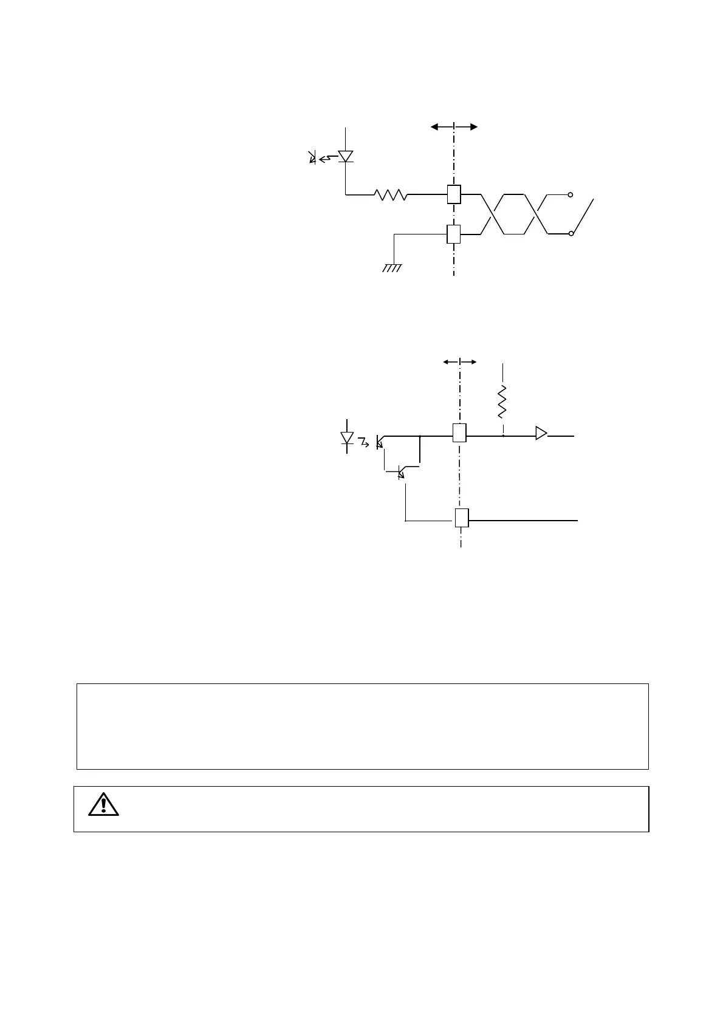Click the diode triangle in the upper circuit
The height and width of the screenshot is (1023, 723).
click(x=346, y=156)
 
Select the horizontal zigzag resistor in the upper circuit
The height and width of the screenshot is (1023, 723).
click(x=391, y=194)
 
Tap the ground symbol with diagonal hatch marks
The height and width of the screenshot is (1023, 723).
click(x=392, y=268)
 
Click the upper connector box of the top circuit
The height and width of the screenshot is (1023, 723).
click(x=453, y=194)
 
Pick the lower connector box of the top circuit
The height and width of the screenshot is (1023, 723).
click(x=453, y=234)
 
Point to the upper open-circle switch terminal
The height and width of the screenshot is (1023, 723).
click(x=570, y=194)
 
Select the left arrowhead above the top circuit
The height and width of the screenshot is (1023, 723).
click(x=435, y=126)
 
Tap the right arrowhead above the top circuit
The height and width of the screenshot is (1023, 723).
click(x=473, y=126)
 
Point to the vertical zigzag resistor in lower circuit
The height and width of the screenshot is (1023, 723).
click(x=503, y=401)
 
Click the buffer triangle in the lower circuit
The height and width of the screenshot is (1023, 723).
click(x=541, y=433)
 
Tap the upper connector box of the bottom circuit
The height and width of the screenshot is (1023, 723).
click(x=459, y=433)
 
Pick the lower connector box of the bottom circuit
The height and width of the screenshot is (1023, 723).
click(x=461, y=518)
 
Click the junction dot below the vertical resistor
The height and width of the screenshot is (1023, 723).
click(x=503, y=436)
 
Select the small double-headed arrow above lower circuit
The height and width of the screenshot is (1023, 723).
click(x=459, y=361)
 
